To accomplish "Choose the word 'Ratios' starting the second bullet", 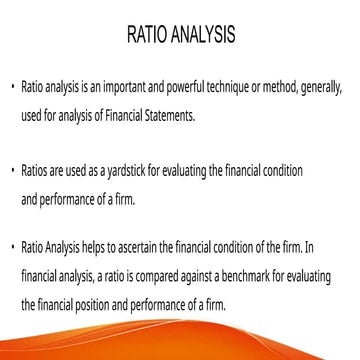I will click(x=34, y=171).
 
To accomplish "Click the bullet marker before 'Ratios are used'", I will click(x=12, y=171).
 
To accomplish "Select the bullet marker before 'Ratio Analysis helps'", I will click(x=12, y=246).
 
